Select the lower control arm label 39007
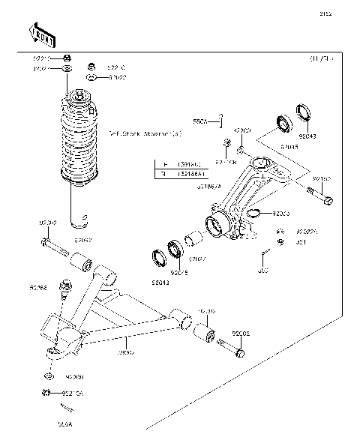click(125, 350)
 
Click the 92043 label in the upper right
click(308, 136)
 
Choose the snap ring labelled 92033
click(254, 215)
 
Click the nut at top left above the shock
click(67, 58)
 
